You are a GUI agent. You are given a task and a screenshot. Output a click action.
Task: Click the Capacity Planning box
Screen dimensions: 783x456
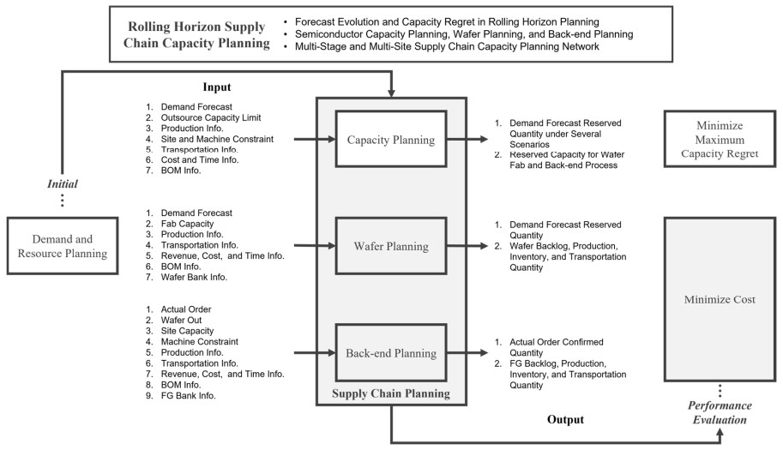click(x=391, y=139)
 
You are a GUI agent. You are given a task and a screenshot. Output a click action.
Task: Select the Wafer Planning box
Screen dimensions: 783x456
click(x=391, y=245)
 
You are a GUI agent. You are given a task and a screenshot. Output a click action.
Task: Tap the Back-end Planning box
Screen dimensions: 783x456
click(x=391, y=353)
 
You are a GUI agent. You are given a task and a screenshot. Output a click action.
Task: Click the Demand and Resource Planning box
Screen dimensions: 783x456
click(x=63, y=245)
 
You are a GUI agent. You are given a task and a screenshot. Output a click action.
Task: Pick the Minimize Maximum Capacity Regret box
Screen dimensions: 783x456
click(x=720, y=139)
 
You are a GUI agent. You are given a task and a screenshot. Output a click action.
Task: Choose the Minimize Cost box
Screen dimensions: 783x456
click(x=720, y=299)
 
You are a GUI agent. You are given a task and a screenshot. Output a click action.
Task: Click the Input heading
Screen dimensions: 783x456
click(x=217, y=87)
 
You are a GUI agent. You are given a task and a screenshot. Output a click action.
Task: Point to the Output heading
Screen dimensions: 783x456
click(x=565, y=419)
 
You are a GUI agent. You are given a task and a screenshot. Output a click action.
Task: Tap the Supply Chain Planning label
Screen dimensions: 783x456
click(x=391, y=393)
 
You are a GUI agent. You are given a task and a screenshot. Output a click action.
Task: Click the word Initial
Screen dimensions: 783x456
click(x=63, y=183)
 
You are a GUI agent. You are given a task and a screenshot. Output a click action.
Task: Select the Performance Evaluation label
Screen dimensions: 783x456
click(x=720, y=412)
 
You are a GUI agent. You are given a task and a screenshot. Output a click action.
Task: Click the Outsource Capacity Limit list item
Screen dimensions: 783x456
click(x=211, y=117)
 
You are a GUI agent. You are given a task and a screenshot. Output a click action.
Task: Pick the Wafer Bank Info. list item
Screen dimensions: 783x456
click(x=194, y=277)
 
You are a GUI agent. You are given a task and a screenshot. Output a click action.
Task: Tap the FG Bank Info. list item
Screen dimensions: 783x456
click(x=189, y=396)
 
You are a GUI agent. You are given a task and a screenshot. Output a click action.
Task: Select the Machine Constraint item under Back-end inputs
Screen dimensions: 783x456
click(x=199, y=342)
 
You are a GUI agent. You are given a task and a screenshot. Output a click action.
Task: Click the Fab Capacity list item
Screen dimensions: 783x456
click(x=187, y=224)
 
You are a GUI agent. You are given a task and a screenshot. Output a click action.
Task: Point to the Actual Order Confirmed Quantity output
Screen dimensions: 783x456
click(x=557, y=347)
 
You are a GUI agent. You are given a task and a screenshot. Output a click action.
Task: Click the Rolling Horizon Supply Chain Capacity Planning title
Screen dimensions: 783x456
click(x=196, y=34)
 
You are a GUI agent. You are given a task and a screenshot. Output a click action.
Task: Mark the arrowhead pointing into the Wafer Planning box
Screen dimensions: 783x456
click(x=332, y=245)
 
